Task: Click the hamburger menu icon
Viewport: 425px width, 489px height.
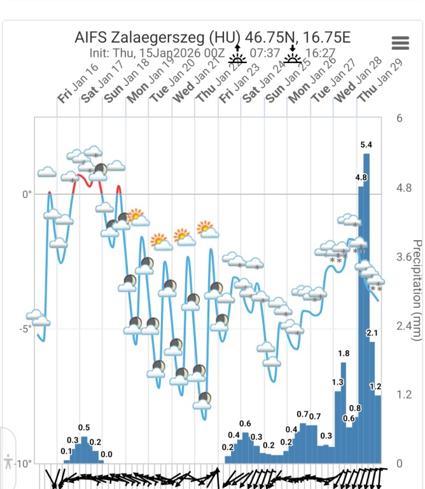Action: pyautogui.click(x=401, y=43)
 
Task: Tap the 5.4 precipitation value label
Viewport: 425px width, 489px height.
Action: pyautogui.click(x=366, y=145)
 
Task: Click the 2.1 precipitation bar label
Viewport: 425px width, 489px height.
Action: pyautogui.click(x=372, y=333)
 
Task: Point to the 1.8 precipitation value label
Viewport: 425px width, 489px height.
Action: pyautogui.click(x=344, y=353)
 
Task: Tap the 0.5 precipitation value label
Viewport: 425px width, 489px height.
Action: pyautogui.click(x=84, y=427)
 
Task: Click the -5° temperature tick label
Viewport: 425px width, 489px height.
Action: pyautogui.click(x=25, y=329)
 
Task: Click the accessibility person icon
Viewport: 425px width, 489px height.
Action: pyautogui.click(x=8, y=461)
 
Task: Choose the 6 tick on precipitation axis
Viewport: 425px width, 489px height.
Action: pyautogui.click(x=399, y=118)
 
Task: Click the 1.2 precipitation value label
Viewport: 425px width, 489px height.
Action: pyautogui.click(x=375, y=386)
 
